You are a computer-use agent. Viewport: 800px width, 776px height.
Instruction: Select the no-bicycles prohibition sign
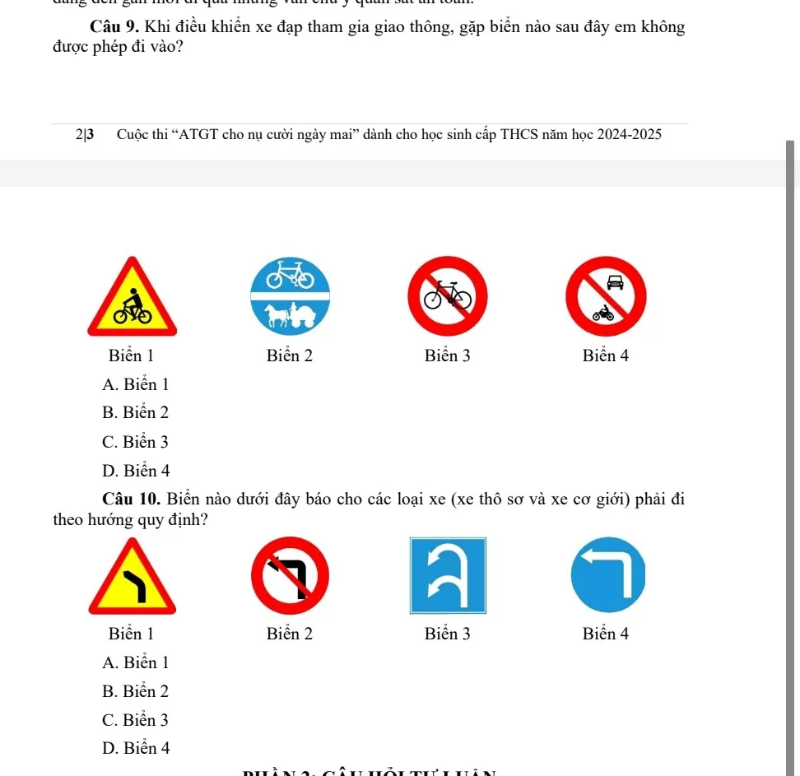(x=448, y=296)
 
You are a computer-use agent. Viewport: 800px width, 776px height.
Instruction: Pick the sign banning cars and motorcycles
(x=607, y=297)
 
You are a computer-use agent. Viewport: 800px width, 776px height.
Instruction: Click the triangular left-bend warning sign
(x=132, y=578)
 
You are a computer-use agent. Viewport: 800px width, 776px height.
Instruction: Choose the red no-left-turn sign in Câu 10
(x=290, y=576)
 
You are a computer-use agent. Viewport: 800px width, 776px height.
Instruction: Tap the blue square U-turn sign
(x=448, y=575)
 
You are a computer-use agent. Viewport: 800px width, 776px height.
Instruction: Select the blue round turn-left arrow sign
(x=607, y=576)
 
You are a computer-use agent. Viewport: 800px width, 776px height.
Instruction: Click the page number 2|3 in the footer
(x=84, y=134)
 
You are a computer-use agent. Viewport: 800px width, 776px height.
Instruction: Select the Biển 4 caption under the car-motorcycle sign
(x=606, y=356)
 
